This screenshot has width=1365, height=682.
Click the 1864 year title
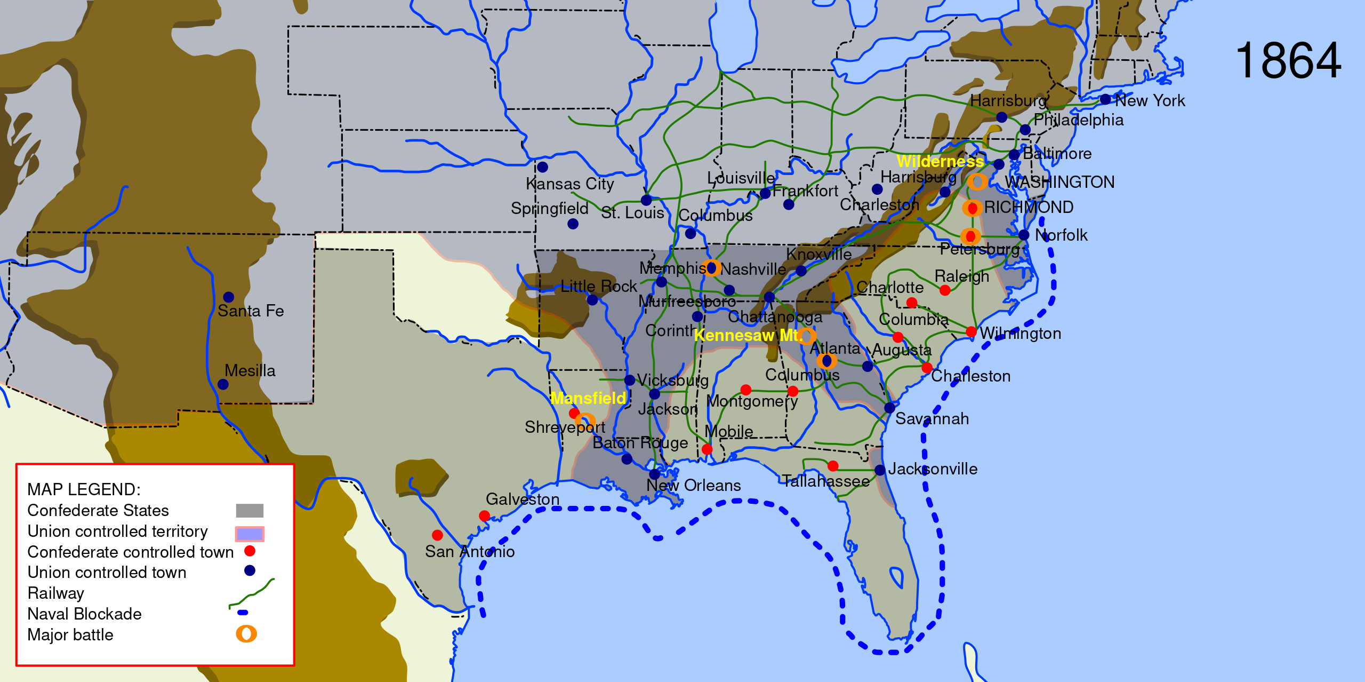pyautogui.click(x=1288, y=61)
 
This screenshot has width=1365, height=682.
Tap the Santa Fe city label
pyautogui.click(x=251, y=311)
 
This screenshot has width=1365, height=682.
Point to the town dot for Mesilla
pyautogui.click(x=223, y=384)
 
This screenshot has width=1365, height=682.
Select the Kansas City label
pyautogui.click(x=569, y=184)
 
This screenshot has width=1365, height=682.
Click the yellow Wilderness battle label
pyautogui.click(x=940, y=161)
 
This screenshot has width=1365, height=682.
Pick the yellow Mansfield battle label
pyautogui.click(x=588, y=398)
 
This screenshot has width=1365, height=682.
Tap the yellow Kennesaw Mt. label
pyautogui.click(x=748, y=335)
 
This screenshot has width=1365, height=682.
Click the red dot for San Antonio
pyautogui.click(x=437, y=535)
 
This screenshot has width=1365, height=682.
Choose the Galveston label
pyautogui.click(x=523, y=499)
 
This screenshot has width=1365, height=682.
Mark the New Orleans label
pyautogui.click(x=693, y=486)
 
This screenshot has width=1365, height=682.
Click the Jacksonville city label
pyautogui.click(x=932, y=469)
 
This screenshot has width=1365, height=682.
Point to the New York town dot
pyautogui.click(x=1105, y=99)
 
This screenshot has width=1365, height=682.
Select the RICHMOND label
pyautogui.click(x=1028, y=207)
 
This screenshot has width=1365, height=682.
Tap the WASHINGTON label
pyautogui.click(x=1059, y=182)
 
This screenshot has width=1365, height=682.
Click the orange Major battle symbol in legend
pyautogui.click(x=246, y=633)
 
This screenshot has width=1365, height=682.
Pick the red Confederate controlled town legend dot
pyautogui.click(x=250, y=551)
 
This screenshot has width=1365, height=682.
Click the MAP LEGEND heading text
pyautogui.click(x=84, y=489)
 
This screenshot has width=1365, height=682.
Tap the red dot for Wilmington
pyautogui.click(x=971, y=331)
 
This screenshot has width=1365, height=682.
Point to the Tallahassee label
pyautogui.click(x=825, y=481)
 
